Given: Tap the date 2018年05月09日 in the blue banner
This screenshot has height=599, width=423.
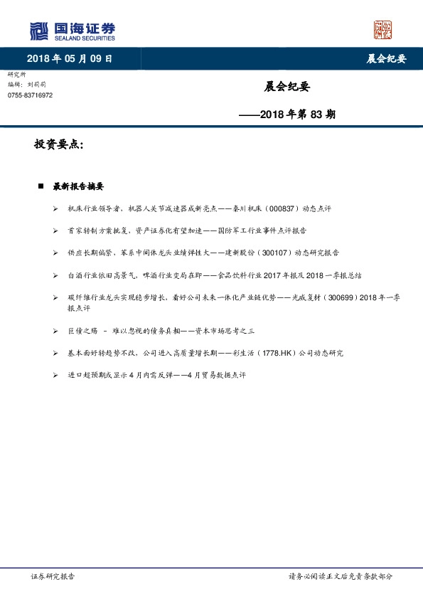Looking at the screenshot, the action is click(70, 58).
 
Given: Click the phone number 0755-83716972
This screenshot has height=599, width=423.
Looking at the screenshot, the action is click(30, 95).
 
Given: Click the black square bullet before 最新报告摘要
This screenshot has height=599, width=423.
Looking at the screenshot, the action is click(41, 186).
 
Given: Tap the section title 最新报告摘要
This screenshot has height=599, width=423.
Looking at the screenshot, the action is click(78, 186).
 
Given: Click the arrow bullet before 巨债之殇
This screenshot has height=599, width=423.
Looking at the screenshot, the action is click(55, 332).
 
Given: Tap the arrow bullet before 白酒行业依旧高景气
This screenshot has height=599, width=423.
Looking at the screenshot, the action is click(55, 275).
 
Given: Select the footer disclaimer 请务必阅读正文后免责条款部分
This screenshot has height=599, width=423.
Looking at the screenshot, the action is click(340, 576).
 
